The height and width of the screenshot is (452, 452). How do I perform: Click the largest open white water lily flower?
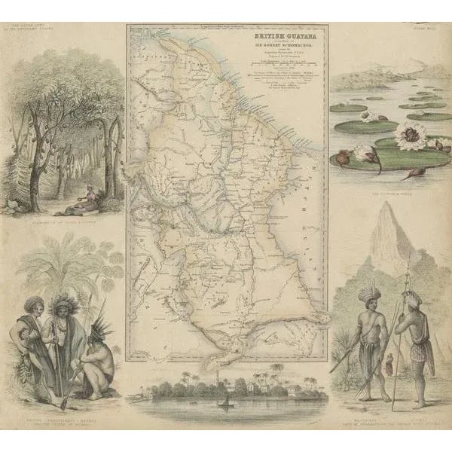(413, 136)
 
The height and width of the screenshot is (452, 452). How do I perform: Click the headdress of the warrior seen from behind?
(411, 299)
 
